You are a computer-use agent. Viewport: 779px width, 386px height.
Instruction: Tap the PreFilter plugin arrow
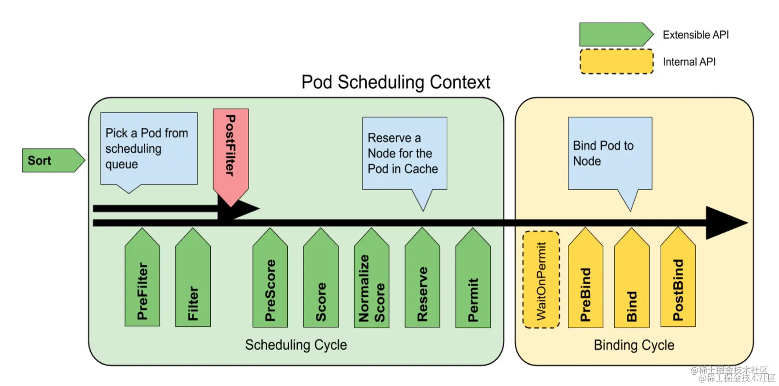[142, 281]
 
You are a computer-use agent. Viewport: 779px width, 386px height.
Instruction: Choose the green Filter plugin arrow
[193, 281]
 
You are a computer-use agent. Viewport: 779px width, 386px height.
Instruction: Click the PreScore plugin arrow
[270, 281]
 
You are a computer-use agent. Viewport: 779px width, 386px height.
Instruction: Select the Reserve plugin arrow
[422, 281]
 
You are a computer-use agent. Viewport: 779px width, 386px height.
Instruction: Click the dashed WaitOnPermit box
[541, 280]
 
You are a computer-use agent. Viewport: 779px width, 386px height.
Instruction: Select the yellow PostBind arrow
[678, 281]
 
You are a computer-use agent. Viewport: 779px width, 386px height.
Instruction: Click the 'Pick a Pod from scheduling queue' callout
[149, 148]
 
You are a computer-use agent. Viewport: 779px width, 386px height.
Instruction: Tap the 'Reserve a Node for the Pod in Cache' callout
[405, 153]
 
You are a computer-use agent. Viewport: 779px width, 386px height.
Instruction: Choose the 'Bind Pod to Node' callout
[610, 153]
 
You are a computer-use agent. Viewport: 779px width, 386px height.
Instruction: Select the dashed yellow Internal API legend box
[616, 62]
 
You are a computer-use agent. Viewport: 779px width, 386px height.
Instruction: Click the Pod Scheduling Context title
[396, 82]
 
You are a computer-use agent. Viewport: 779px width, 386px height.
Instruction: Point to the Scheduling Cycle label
[296, 345]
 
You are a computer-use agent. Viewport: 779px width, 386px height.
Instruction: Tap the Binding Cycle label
[634, 345]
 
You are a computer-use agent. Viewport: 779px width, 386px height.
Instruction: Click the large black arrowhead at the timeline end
[725, 223]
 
